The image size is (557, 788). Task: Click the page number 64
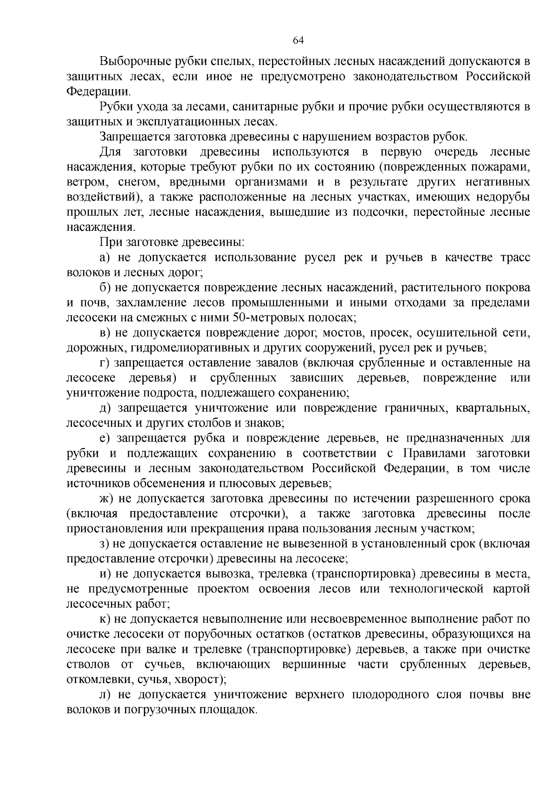point(298,40)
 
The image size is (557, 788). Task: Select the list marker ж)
point(106,499)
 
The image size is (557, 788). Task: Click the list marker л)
point(106,695)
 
